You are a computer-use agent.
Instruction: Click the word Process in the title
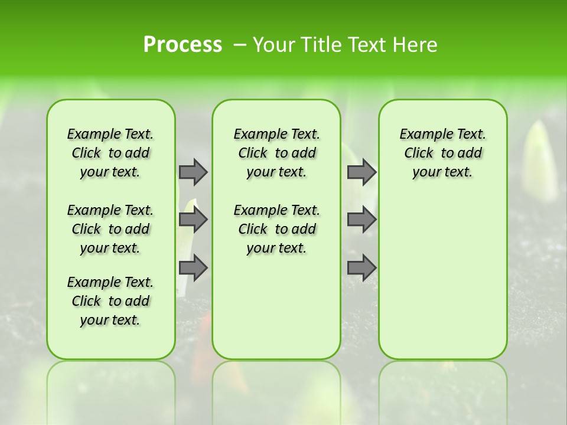(x=183, y=45)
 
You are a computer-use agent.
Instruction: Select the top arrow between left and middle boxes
(x=193, y=172)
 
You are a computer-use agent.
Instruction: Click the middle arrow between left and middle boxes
(x=193, y=220)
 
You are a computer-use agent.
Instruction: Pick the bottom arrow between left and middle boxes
(x=193, y=267)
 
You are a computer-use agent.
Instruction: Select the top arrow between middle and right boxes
(x=361, y=172)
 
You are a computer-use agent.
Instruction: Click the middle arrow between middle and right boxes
(x=361, y=220)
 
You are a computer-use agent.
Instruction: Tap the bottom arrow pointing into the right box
(x=361, y=267)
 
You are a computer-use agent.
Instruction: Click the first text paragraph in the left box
(x=110, y=153)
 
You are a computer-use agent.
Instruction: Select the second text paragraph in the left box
(x=110, y=229)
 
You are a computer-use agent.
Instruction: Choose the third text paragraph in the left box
(x=110, y=301)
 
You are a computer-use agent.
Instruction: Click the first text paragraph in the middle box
(x=276, y=153)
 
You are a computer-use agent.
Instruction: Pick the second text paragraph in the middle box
(x=276, y=229)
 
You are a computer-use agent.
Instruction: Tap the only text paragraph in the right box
(x=442, y=153)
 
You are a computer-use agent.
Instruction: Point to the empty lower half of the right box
(x=442, y=283)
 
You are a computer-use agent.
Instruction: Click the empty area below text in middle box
(x=276, y=307)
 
